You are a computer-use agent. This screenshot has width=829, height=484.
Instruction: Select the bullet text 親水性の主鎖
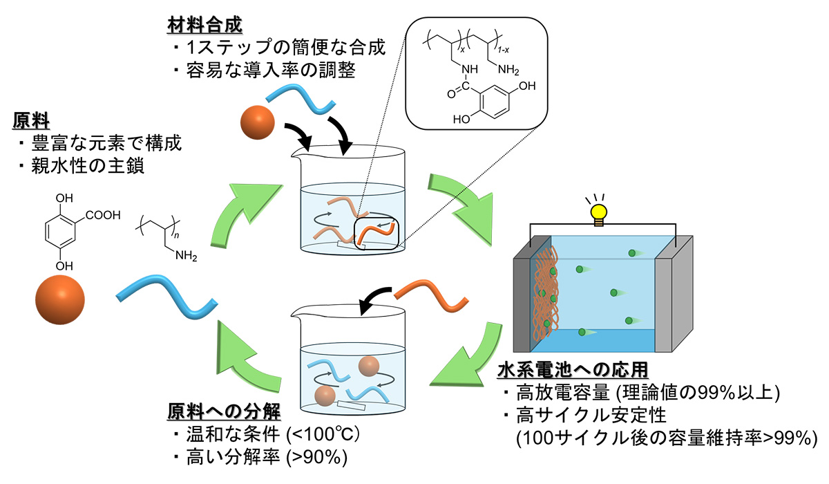pyautogui.click(x=87, y=166)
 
